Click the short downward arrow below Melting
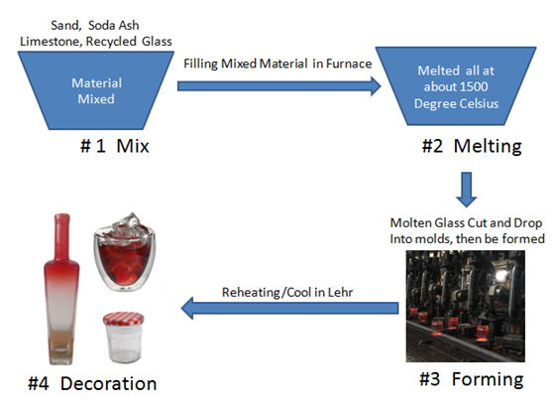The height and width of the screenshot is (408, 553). point(470,186)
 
